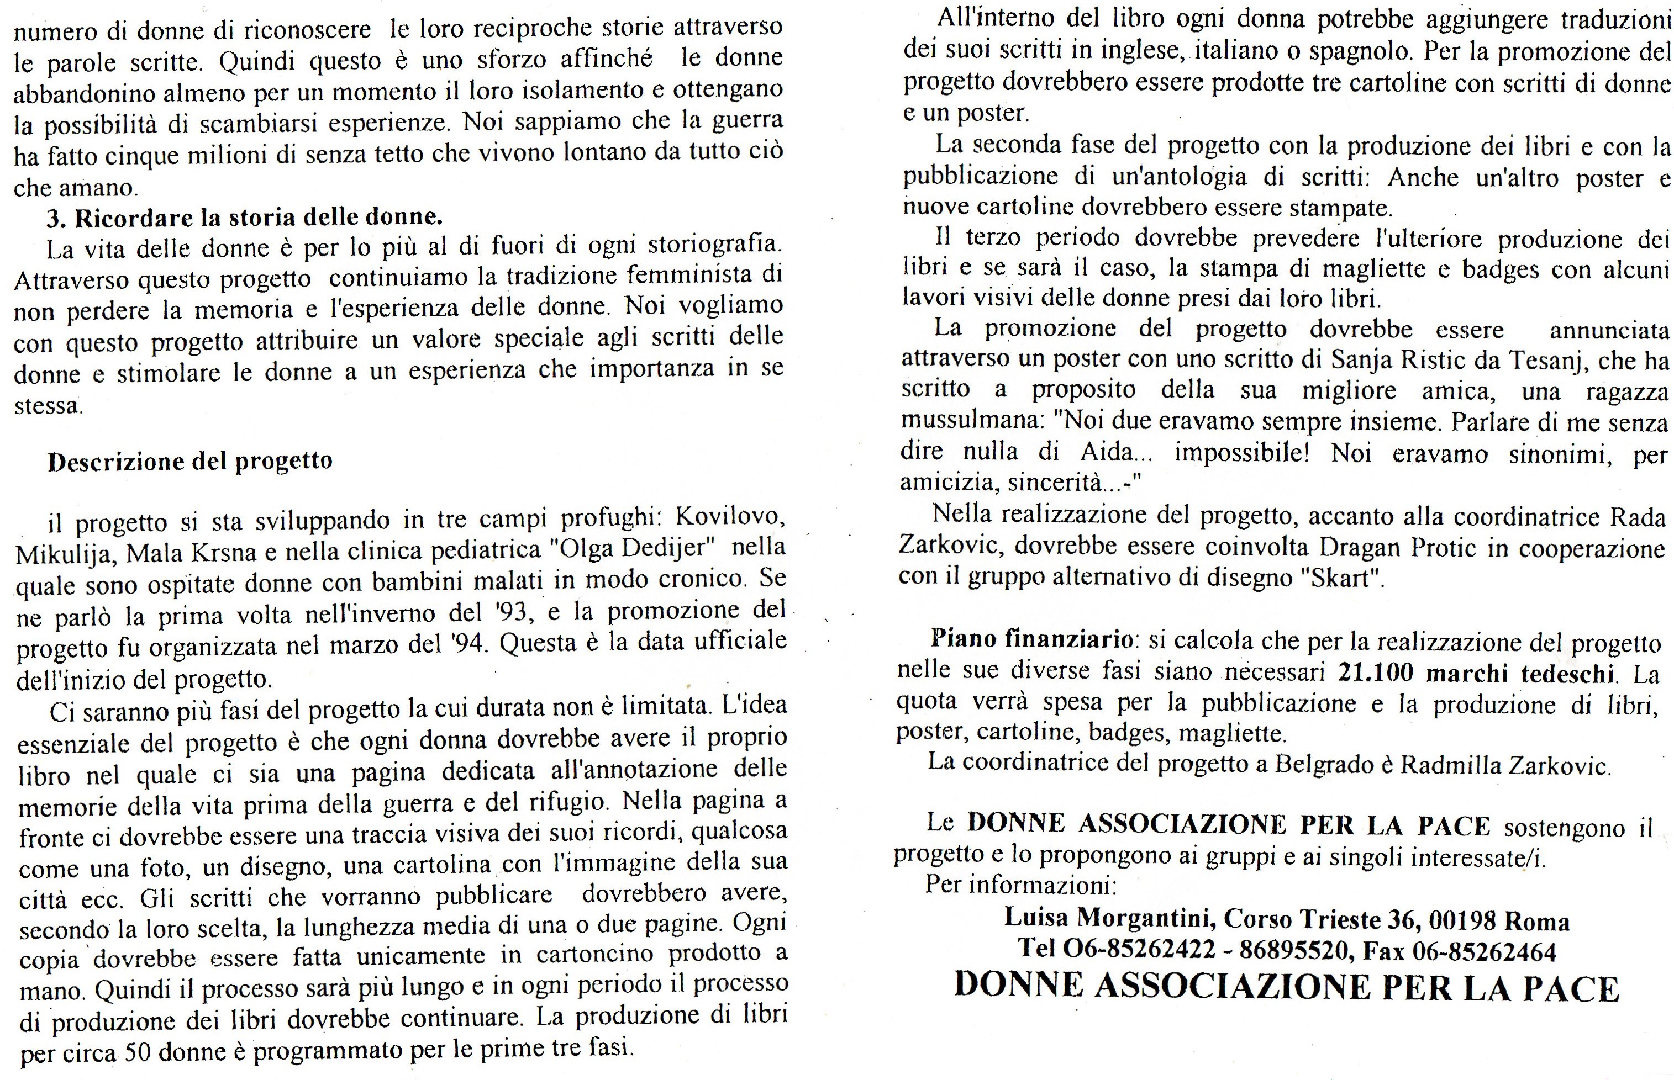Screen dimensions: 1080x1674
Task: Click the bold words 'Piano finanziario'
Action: (1030, 640)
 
